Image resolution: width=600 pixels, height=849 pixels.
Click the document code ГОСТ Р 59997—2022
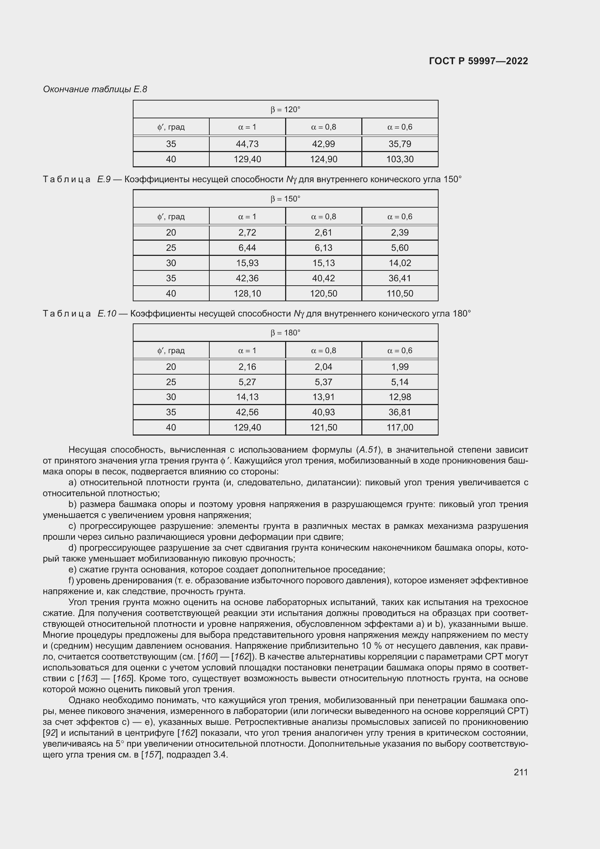478,61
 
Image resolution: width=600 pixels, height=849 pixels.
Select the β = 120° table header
285,110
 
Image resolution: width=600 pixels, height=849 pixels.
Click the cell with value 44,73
247,144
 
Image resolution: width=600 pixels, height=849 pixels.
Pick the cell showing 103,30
400,159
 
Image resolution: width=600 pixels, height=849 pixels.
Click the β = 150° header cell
285,199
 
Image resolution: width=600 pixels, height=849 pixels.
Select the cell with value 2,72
247,233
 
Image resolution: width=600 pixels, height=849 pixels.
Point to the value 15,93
247,263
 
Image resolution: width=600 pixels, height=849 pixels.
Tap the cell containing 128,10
247,294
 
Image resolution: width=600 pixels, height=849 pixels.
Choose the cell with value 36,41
400,278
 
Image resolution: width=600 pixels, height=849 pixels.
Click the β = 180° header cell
285,333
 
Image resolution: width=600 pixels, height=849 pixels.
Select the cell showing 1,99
400,367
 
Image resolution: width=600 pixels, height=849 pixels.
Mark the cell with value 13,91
323,397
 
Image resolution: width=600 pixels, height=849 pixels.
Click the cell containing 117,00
400,428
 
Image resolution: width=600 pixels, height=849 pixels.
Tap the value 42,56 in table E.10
247,412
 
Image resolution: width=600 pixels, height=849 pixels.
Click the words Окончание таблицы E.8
95,89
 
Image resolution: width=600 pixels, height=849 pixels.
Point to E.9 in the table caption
104,179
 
